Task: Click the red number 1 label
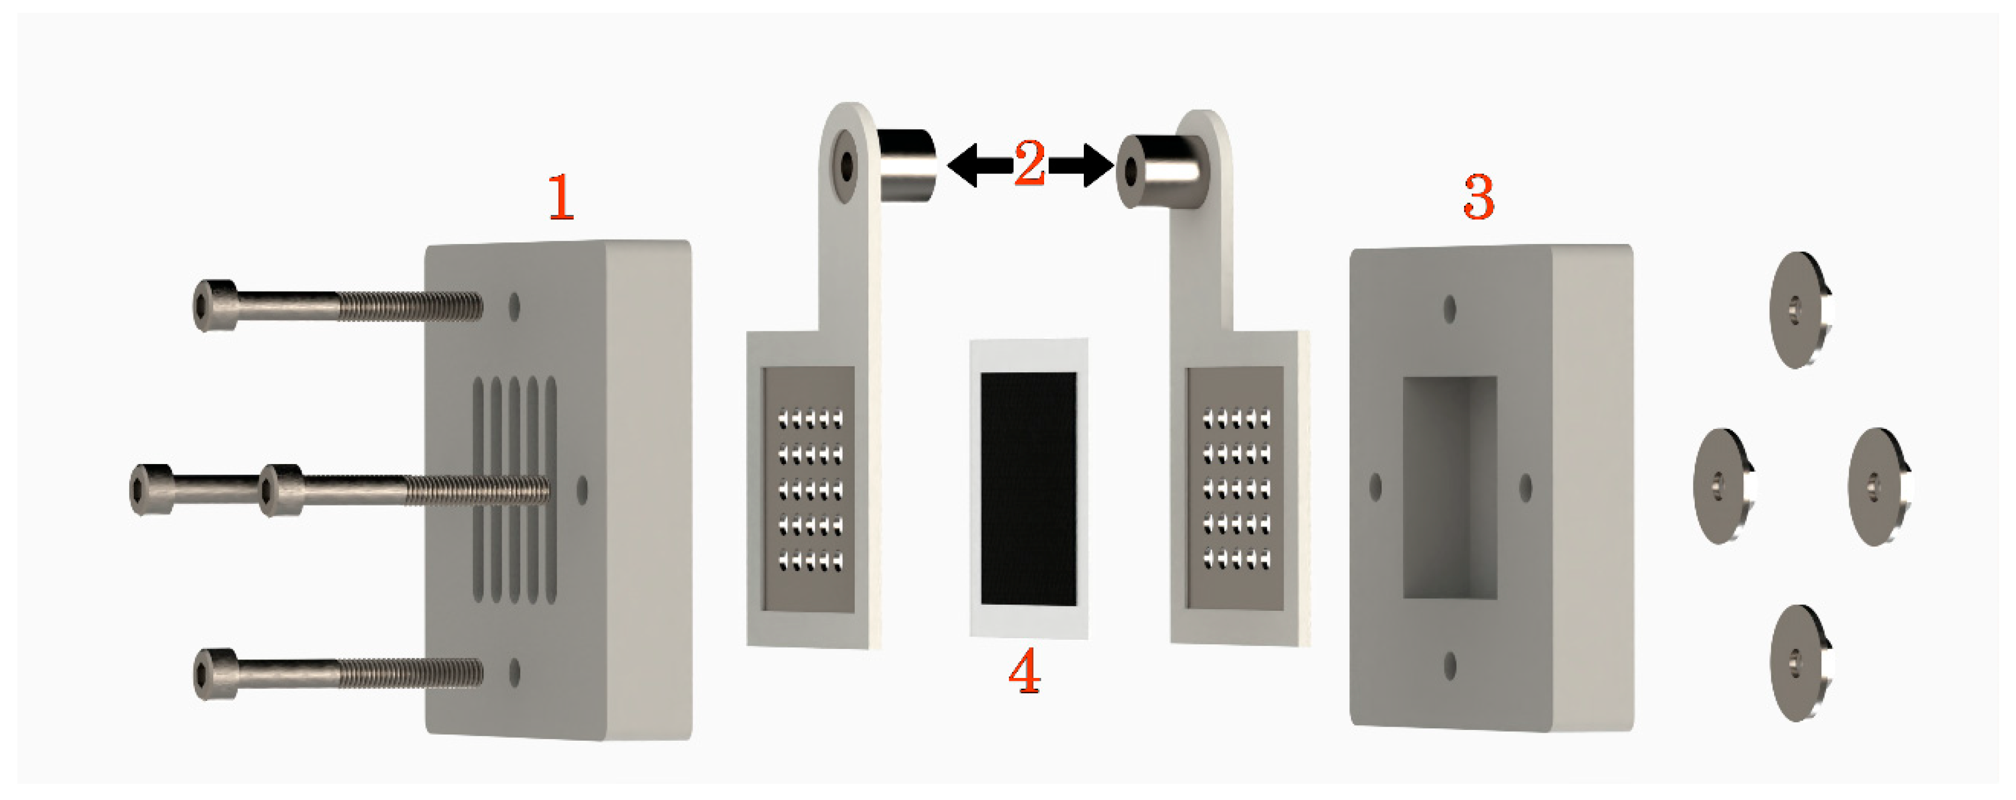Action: coord(560,197)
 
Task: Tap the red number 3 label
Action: coord(1479,197)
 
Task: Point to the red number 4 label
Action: coord(1025,671)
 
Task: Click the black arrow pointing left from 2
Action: coord(980,165)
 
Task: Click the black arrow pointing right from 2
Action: coord(1081,165)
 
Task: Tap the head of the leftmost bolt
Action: coord(151,490)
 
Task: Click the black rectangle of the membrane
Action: coord(1028,489)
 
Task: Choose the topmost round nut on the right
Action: coord(1800,310)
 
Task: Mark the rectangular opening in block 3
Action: coord(1449,488)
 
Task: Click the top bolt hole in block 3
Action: coord(1449,309)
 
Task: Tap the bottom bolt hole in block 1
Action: coord(514,672)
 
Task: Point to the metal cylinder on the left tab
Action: coord(906,165)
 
